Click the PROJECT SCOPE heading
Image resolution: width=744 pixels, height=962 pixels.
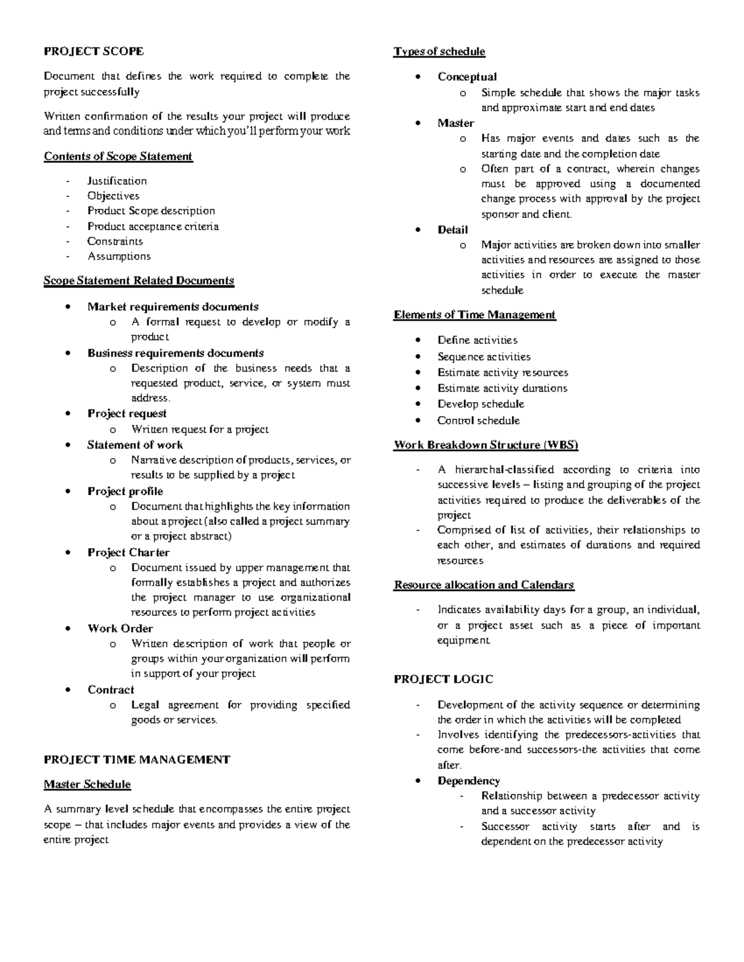(93, 51)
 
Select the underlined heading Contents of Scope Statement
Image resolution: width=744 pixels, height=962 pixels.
(118, 156)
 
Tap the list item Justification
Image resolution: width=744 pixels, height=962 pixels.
(117, 181)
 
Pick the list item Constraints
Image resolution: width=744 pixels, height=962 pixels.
(115, 241)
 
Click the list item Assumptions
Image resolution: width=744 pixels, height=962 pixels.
(118, 256)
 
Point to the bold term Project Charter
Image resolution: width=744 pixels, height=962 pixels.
(128, 552)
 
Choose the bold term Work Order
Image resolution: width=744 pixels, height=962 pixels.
(120, 628)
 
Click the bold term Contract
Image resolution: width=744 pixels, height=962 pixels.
(110, 689)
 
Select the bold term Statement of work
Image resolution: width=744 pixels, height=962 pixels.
(135, 445)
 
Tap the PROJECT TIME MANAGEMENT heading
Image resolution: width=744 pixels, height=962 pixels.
(136, 759)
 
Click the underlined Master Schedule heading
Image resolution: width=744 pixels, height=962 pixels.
(87, 784)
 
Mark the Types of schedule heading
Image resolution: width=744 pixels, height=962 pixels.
(439, 51)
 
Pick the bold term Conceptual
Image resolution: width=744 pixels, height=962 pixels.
(467, 77)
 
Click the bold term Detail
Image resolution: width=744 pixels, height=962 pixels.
(453, 230)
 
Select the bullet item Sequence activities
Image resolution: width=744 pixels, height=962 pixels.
(484, 357)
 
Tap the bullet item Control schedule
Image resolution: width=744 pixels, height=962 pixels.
(478, 421)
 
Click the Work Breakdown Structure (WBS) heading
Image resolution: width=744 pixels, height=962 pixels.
(485, 445)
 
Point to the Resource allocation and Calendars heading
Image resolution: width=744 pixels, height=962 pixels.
(484, 585)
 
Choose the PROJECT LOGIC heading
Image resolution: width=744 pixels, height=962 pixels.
(443, 680)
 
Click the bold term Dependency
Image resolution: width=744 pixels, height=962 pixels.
(468, 781)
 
